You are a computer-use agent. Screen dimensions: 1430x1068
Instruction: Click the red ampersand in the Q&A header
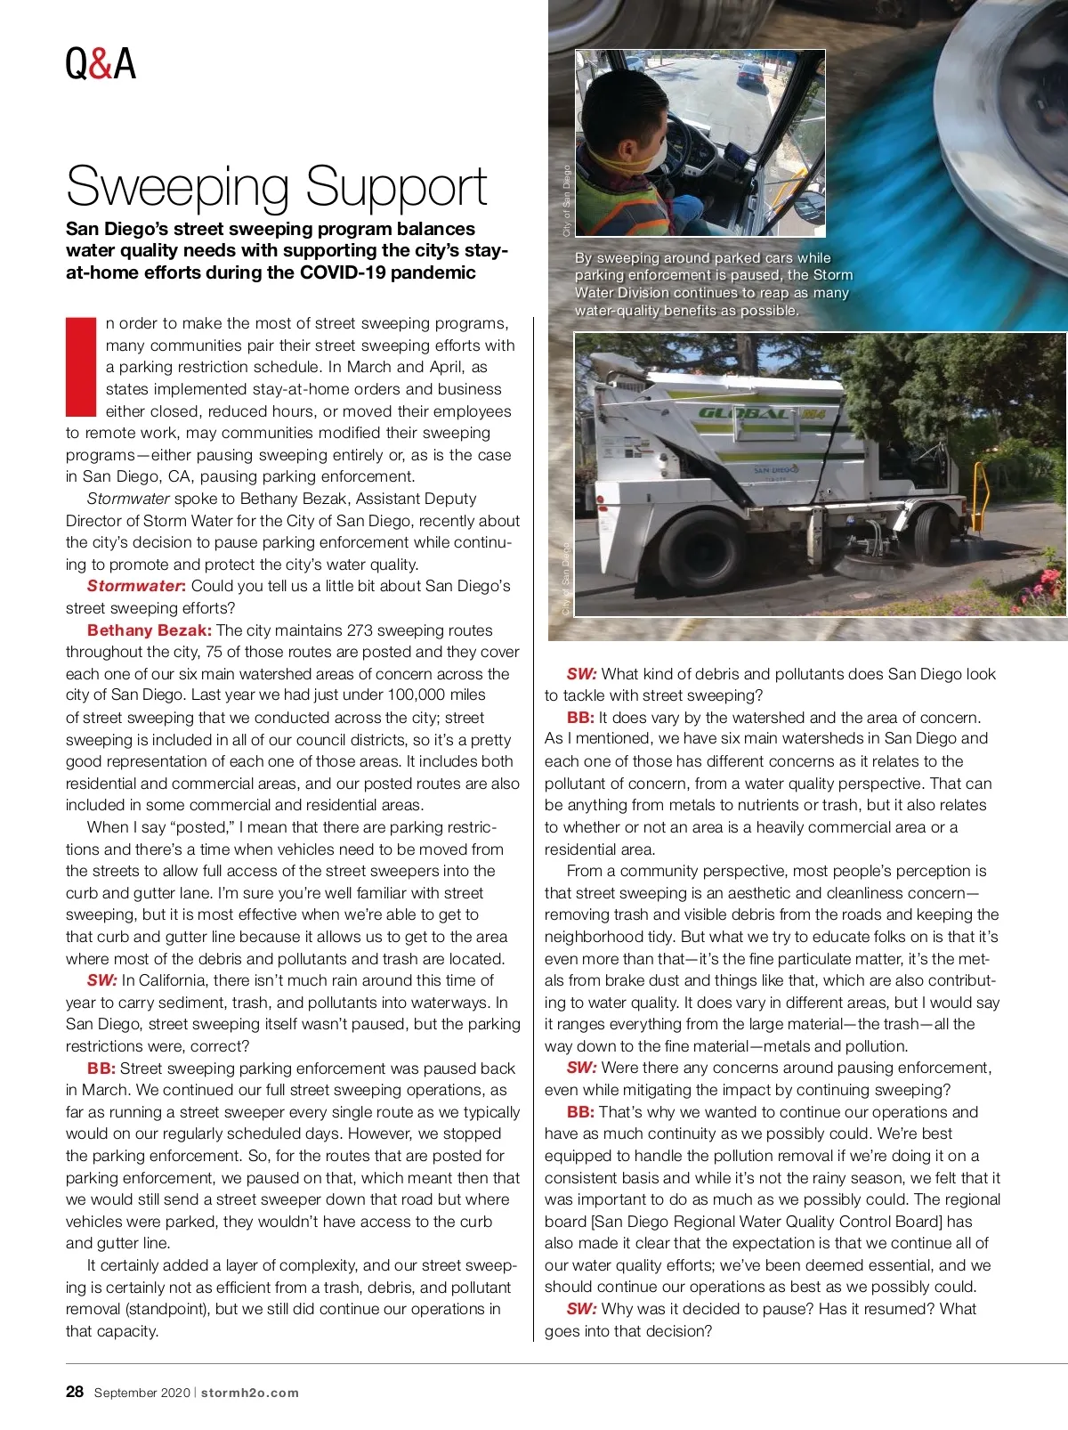click(x=101, y=64)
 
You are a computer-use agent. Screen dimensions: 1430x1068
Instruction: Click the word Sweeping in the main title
click(x=177, y=187)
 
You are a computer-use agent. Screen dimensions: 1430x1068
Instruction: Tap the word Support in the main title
click(x=397, y=187)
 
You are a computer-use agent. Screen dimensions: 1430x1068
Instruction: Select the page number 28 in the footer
click(x=75, y=1392)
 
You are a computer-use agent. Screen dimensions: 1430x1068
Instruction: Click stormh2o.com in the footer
click(x=250, y=1393)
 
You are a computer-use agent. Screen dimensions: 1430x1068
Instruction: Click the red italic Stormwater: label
click(x=136, y=586)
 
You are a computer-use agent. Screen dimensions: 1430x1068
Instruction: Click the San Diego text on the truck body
click(x=775, y=468)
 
